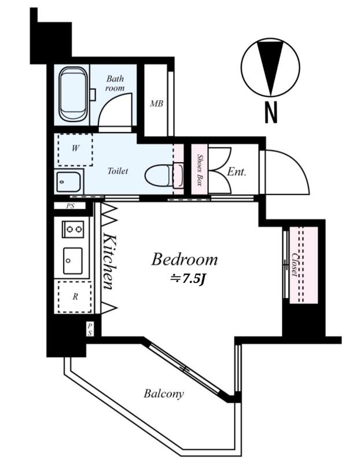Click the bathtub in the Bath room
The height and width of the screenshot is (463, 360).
coord(74,94)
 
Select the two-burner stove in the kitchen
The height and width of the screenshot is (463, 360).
coord(73,229)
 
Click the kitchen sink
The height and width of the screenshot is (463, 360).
coord(73,261)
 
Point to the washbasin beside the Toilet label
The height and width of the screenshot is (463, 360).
coord(68,182)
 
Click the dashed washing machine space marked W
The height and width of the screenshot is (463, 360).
coord(75,149)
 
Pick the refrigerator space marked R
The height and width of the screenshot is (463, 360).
coord(75,297)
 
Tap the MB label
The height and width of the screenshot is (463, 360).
coord(156,104)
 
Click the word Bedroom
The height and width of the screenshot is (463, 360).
coord(185,259)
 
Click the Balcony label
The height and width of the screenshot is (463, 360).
coord(164,394)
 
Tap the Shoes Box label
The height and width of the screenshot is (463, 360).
coord(199,170)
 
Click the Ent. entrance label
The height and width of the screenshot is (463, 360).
coord(237,172)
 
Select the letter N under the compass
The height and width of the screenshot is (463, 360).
coord(271,112)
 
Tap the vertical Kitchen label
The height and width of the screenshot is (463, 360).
coord(110,262)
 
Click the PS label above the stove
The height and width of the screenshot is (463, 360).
coord(70,206)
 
